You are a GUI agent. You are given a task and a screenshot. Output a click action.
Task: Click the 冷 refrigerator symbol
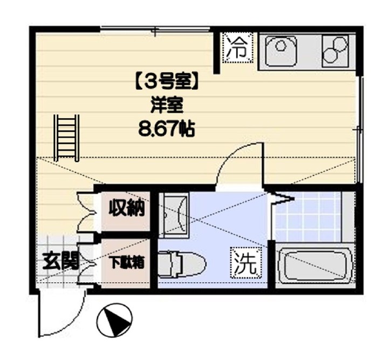pyautogui.click(x=238, y=47)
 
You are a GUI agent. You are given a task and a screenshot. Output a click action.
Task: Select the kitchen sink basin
pyautogui.click(x=281, y=51)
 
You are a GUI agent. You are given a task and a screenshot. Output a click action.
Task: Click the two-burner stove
pyautogui.click(x=335, y=51)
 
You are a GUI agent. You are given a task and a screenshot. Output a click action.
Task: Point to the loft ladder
pyautogui.click(x=67, y=138)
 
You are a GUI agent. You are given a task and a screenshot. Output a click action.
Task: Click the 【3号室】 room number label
pyautogui.click(x=166, y=84)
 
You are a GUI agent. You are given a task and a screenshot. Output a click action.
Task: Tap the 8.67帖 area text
pyautogui.click(x=166, y=128)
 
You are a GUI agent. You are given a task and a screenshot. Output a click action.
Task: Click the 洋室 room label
pyautogui.click(x=166, y=106)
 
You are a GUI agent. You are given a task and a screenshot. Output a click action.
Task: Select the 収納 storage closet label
pyautogui.click(x=126, y=208)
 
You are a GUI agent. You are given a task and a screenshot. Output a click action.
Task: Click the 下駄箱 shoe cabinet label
pyautogui.click(x=127, y=262)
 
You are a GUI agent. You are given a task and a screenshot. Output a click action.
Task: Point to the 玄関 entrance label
pyautogui.click(x=61, y=261)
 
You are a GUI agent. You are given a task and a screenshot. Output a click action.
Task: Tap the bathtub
pyautogui.click(x=314, y=266)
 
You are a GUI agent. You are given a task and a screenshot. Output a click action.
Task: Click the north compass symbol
pyautogui.click(x=114, y=320)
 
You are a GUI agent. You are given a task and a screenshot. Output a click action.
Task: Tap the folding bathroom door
pyautogui.click(x=281, y=198)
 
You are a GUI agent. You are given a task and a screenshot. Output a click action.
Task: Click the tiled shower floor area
pyautogui.click(x=308, y=217)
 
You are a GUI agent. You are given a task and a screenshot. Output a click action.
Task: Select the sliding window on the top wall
pyautogui.click(x=155, y=29)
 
